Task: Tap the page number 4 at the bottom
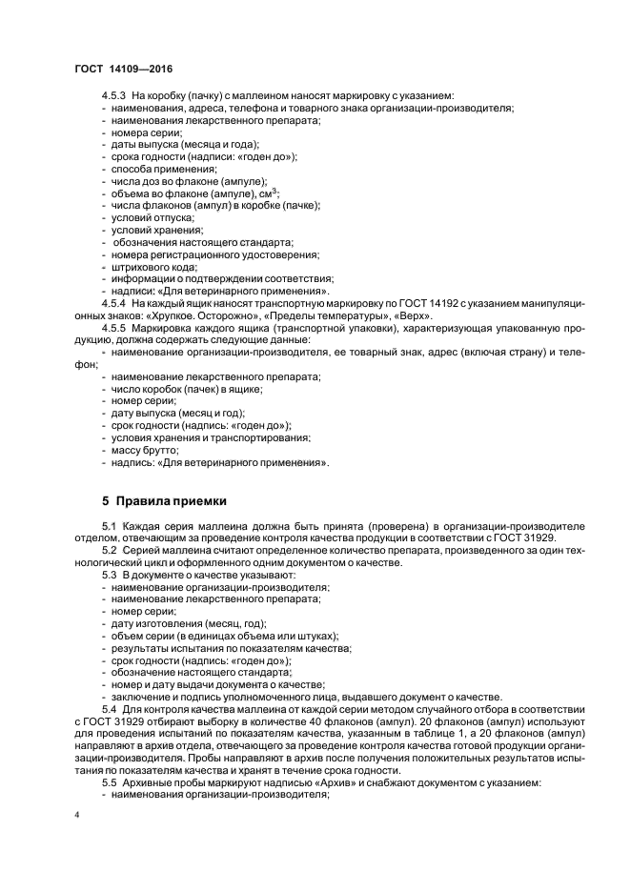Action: click(76, 816)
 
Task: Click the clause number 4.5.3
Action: click(114, 96)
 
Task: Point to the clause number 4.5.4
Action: click(114, 303)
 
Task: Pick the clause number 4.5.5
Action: click(114, 329)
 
